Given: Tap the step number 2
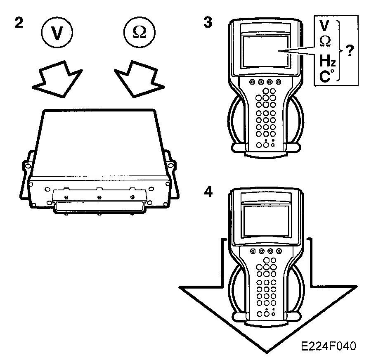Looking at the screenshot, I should tap(18, 23).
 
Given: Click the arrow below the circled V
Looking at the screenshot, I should tap(55, 78).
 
